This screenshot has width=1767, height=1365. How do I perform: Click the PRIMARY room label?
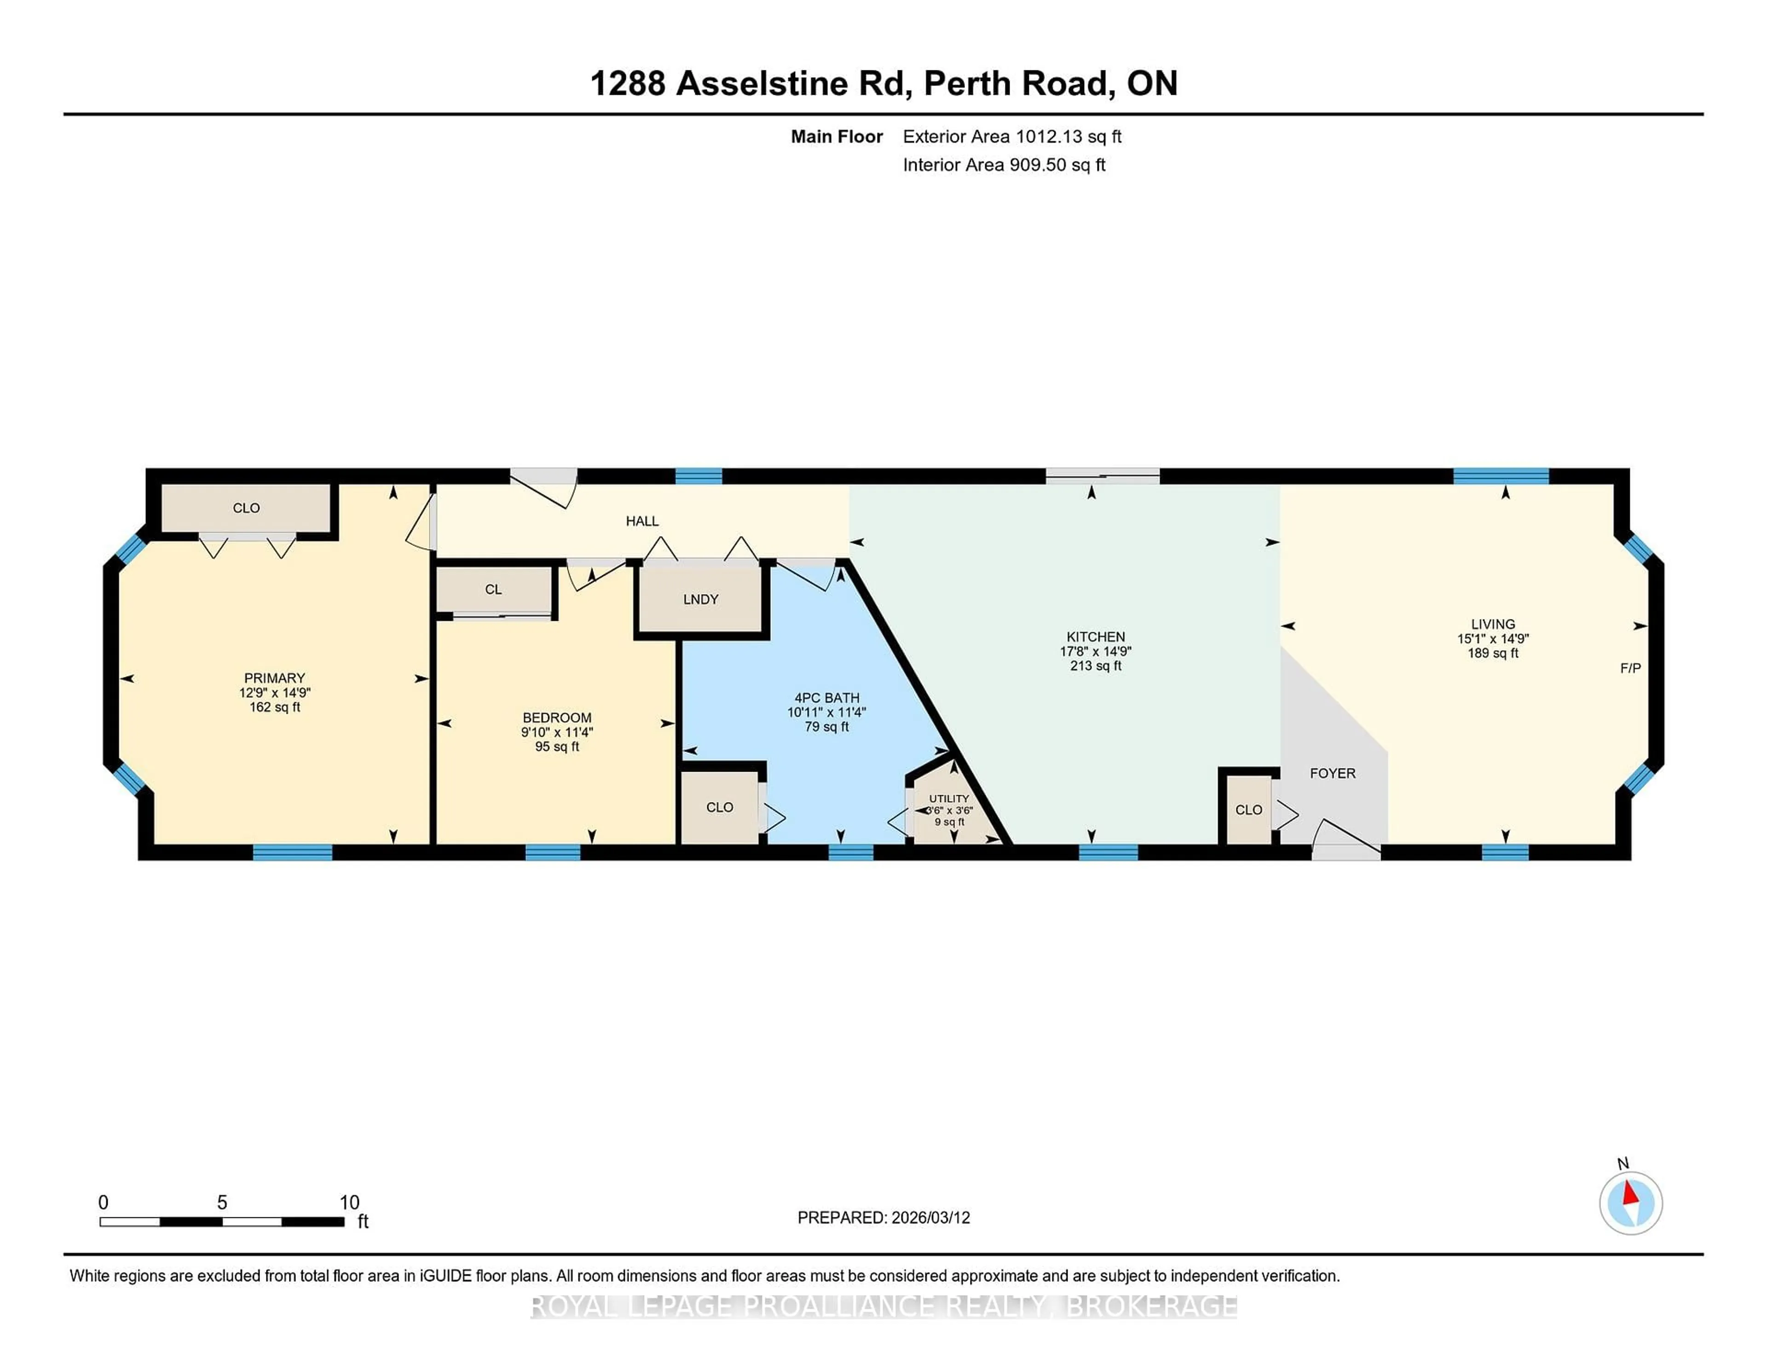[x=274, y=677]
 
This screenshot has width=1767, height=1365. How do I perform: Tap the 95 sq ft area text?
[x=557, y=746]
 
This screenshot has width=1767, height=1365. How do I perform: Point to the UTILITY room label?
[x=948, y=798]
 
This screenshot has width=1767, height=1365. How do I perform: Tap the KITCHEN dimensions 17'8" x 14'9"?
[x=1096, y=651]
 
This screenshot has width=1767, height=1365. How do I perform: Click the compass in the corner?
[x=1630, y=1203]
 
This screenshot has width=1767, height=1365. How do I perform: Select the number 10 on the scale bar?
[x=349, y=1203]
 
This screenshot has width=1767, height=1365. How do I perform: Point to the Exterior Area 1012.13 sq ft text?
[x=1012, y=137]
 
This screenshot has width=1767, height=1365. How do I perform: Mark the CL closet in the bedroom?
[x=494, y=590]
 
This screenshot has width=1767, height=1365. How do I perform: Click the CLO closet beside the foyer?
[x=1248, y=809]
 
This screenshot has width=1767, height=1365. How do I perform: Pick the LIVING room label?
[x=1493, y=624]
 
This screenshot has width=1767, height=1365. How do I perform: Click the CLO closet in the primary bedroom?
[x=246, y=508]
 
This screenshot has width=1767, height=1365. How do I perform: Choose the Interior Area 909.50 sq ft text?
[x=1004, y=165]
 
